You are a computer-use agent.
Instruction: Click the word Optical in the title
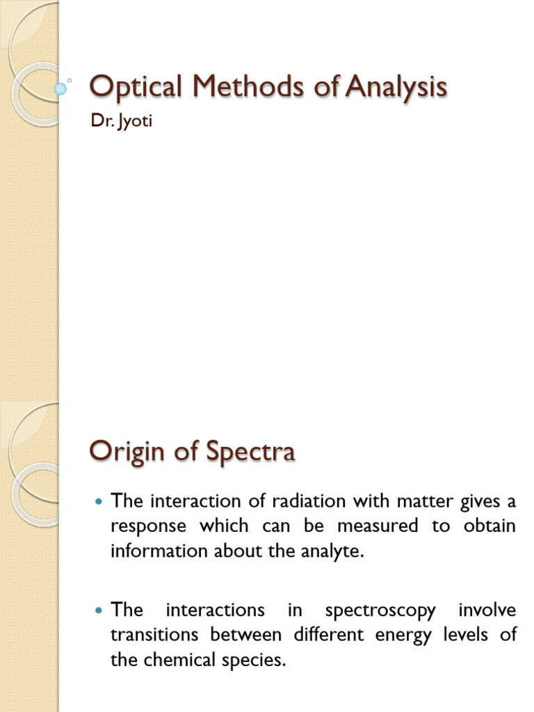tap(130, 88)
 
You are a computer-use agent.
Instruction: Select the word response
tap(148, 526)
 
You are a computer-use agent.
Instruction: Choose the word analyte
tap(332, 551)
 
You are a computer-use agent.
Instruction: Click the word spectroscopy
tap(380, 610)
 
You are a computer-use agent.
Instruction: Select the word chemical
tap(179, 661)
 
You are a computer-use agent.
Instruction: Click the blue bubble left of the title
tap(60, 88)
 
